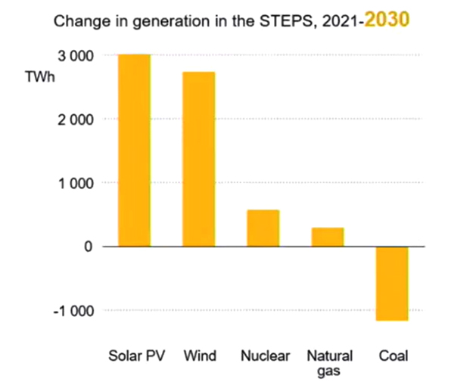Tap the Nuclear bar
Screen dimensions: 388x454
(x=263, y=228)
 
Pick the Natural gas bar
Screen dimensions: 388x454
(x=328, y=237)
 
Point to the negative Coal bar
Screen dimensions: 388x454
(x=392, y=284)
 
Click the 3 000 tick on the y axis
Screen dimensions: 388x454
(x=76, y=56)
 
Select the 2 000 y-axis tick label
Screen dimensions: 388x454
(x=76, y=120)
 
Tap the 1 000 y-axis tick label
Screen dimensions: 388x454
(x=76, y=183)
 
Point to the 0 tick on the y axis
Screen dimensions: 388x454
(x=88, y=247)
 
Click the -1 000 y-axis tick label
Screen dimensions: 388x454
(x=73, y=310)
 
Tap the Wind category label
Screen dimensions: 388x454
(x=200, y=355)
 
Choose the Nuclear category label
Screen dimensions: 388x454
(x=263, y=355)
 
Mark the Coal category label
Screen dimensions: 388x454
(x=393, y=355)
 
